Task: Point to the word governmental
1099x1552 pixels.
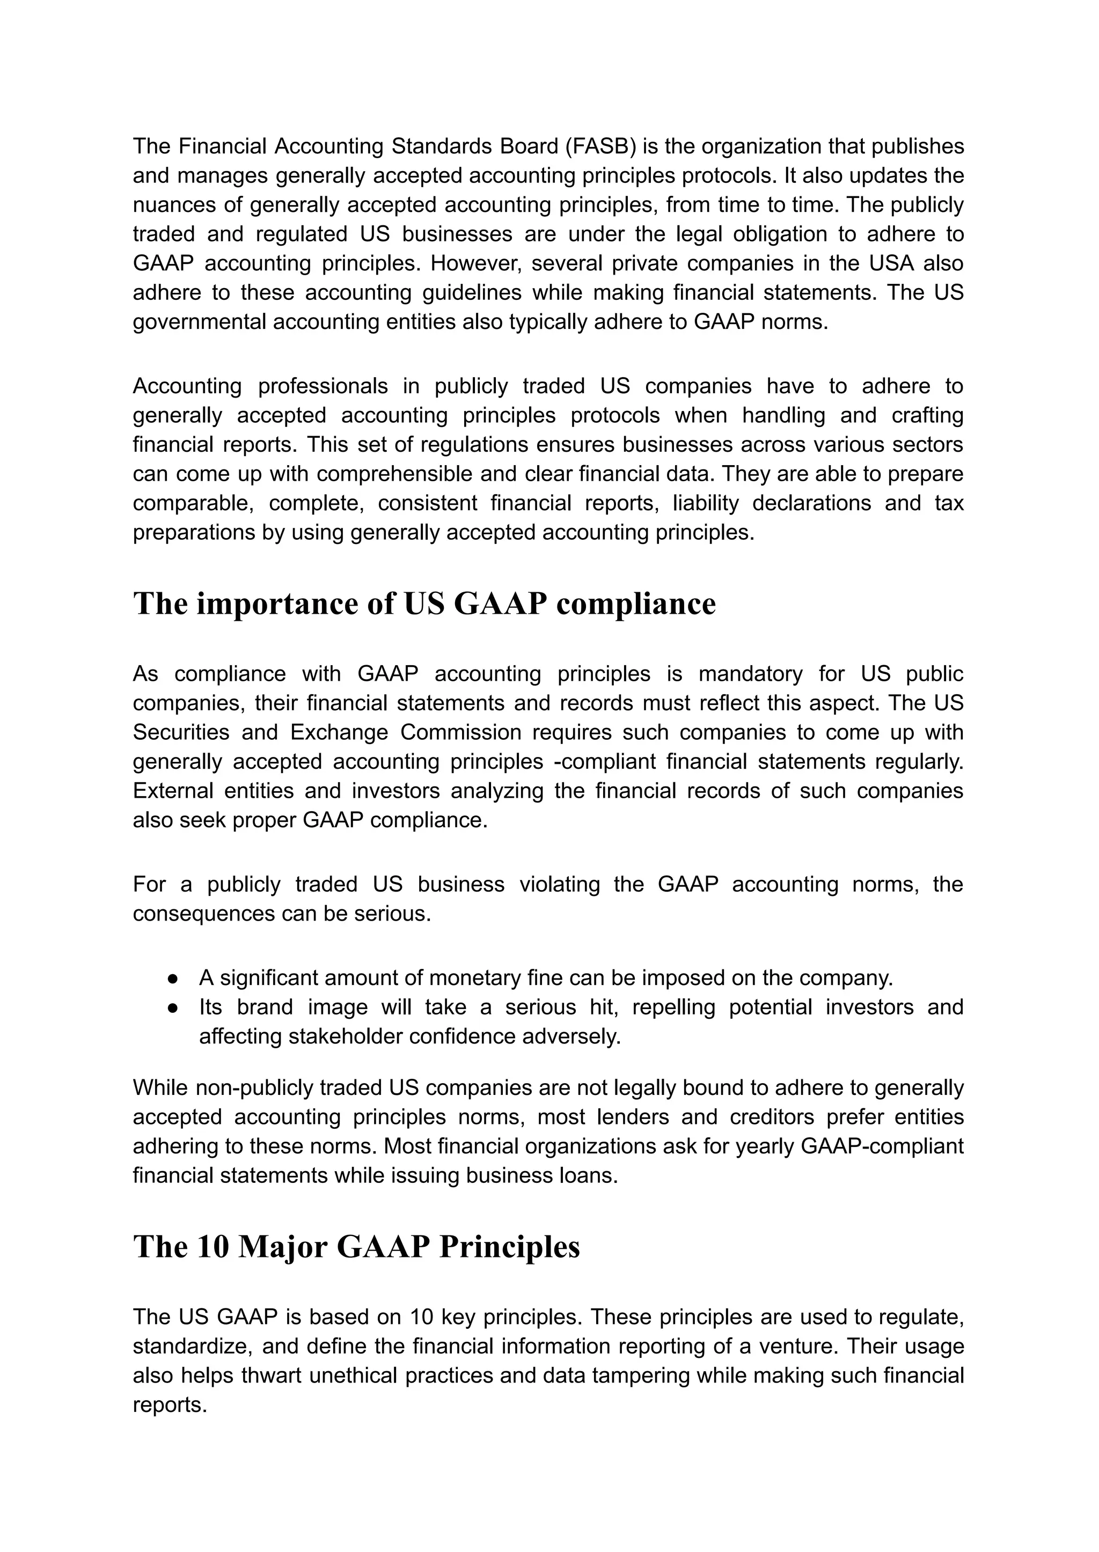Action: click(x=199, y=322)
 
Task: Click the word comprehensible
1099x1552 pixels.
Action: click(x=395, y=474)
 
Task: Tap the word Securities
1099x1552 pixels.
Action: click(x=177, y=732)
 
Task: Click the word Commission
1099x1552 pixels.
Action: click(x=460, y=732)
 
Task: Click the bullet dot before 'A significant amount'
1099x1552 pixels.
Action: click(x=173, y=979)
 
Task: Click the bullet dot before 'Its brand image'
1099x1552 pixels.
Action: click(x=173, y=1008)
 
